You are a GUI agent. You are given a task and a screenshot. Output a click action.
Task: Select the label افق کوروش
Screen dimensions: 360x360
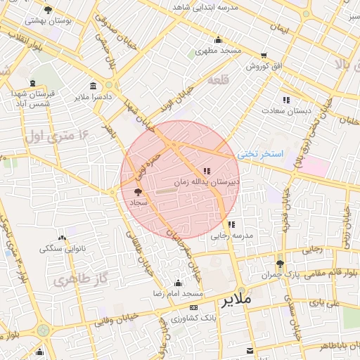tap(264, 66)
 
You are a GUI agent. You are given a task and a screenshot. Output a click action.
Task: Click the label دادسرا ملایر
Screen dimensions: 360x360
tap(92, 96)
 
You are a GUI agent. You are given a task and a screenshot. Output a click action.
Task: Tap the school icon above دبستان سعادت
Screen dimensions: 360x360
tap(286, 100)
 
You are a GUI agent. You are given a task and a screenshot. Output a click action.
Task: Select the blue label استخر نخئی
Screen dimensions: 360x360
tap(260, 153)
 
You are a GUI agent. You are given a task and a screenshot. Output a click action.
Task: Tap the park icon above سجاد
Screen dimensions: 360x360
tap(138, 191)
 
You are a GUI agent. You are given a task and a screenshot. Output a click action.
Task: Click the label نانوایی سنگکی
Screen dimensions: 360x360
tap(62, 249)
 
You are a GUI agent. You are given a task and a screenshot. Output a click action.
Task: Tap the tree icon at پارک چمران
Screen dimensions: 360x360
tap(281, 264)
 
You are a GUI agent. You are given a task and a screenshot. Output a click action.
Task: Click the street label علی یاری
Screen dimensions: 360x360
tap(324, 304)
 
